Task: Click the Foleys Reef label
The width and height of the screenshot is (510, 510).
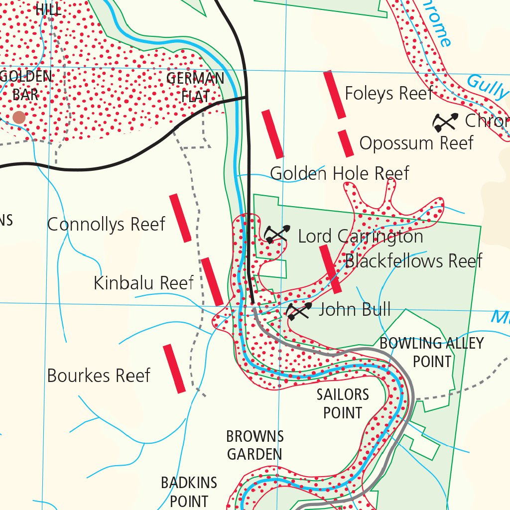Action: tap(388, 94)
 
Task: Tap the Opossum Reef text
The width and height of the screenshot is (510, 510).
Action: tap(416, 143)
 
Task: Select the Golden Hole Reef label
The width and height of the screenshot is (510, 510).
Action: tap(339, 173)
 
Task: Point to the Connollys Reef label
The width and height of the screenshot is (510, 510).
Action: tap(106, 225)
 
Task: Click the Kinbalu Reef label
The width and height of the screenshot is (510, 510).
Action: tap(143, 283)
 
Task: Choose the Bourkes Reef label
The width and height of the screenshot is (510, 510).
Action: tap(98, 376)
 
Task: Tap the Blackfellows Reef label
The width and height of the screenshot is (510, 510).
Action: tap(413, 260)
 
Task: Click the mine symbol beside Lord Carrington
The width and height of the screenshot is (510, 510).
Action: tap(276, 234)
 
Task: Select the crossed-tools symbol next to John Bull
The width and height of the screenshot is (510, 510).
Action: tap(299, 311)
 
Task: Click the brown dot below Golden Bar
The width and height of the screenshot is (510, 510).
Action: tap(19, 118)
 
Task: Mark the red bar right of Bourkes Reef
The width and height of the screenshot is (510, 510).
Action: tap(174, 368)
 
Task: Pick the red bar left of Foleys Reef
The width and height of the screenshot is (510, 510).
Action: tap(335, 95)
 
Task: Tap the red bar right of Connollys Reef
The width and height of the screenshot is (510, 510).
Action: tap(180, 218)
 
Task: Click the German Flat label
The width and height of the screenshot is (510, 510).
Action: tap(195, 87)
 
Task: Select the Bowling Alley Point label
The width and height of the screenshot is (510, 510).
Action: tap(431, 352)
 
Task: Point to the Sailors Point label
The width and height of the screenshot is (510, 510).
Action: tap(343, 404)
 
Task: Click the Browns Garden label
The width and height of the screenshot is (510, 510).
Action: tap(255, 445)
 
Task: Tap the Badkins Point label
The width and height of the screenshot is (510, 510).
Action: tap(189, 492)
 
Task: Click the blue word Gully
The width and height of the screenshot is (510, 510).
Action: tap(488, 87)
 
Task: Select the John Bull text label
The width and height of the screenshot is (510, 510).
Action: tap(355, 309)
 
